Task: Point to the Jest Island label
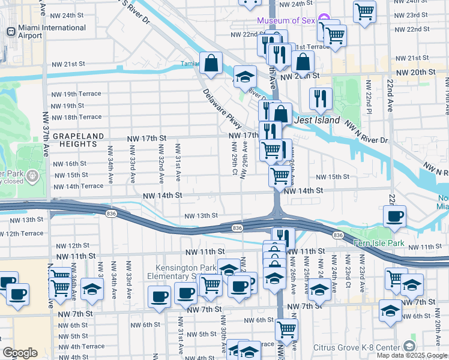coord(318,120)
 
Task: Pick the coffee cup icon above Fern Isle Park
coord(394,217)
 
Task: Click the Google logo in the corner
coord(20,353)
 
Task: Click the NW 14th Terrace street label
coord(78,186)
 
